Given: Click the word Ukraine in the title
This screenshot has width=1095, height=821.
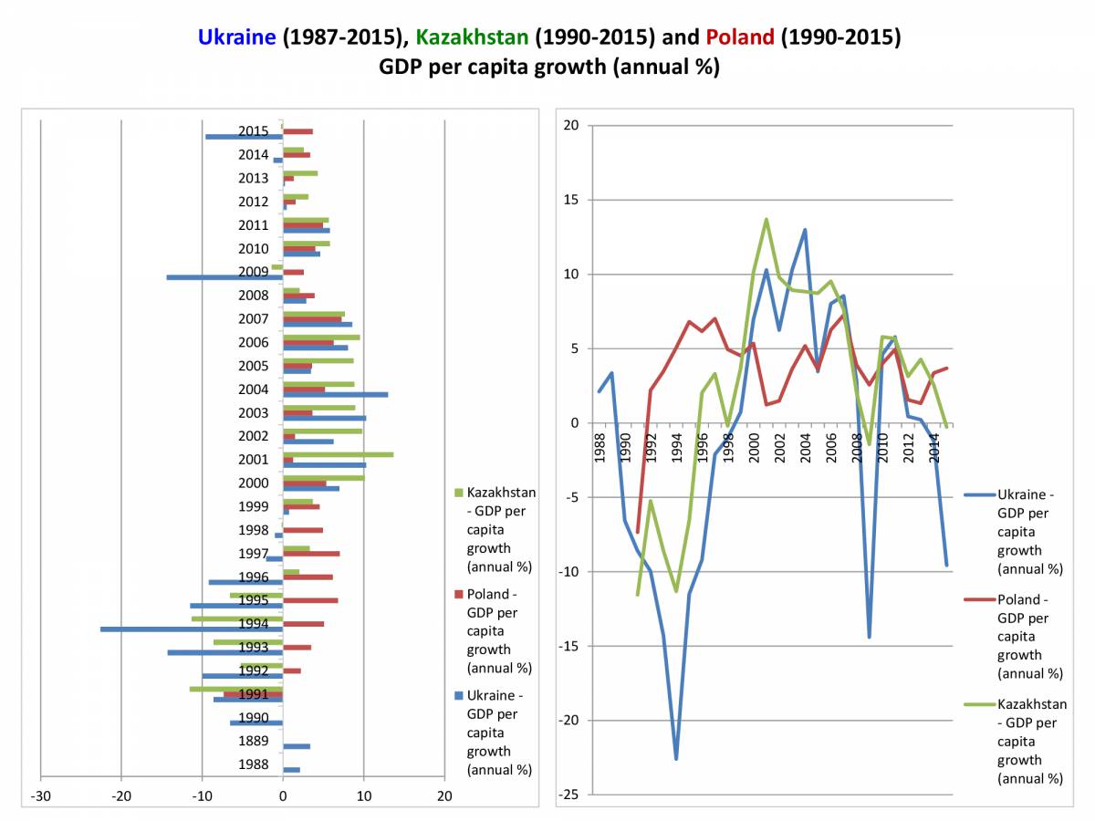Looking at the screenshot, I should pos(236,37).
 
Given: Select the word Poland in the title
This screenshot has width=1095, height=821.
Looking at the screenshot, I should pos(739,37).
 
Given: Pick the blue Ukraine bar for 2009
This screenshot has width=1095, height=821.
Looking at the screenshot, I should pos(224,276).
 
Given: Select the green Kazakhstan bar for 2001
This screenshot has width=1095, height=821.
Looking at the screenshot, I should pos(338,454).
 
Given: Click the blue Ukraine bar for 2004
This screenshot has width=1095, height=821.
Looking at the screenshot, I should pos(335,394).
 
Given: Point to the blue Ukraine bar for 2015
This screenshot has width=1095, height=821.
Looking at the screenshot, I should pos(244,136).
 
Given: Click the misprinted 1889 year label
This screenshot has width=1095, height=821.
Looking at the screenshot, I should pos(254,741).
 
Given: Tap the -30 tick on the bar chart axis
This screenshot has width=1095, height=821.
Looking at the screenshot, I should pos(41,796).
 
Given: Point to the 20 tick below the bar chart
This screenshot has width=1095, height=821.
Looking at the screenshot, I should pos(444,796).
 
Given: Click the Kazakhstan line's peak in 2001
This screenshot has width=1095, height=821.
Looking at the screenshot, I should pos(766,219).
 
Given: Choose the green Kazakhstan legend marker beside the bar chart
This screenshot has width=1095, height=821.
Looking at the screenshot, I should pos(458,493).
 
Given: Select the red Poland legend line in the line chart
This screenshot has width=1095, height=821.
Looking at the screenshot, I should pos(980,599).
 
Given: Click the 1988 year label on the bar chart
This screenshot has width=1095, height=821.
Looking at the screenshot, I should pos(254,764).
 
